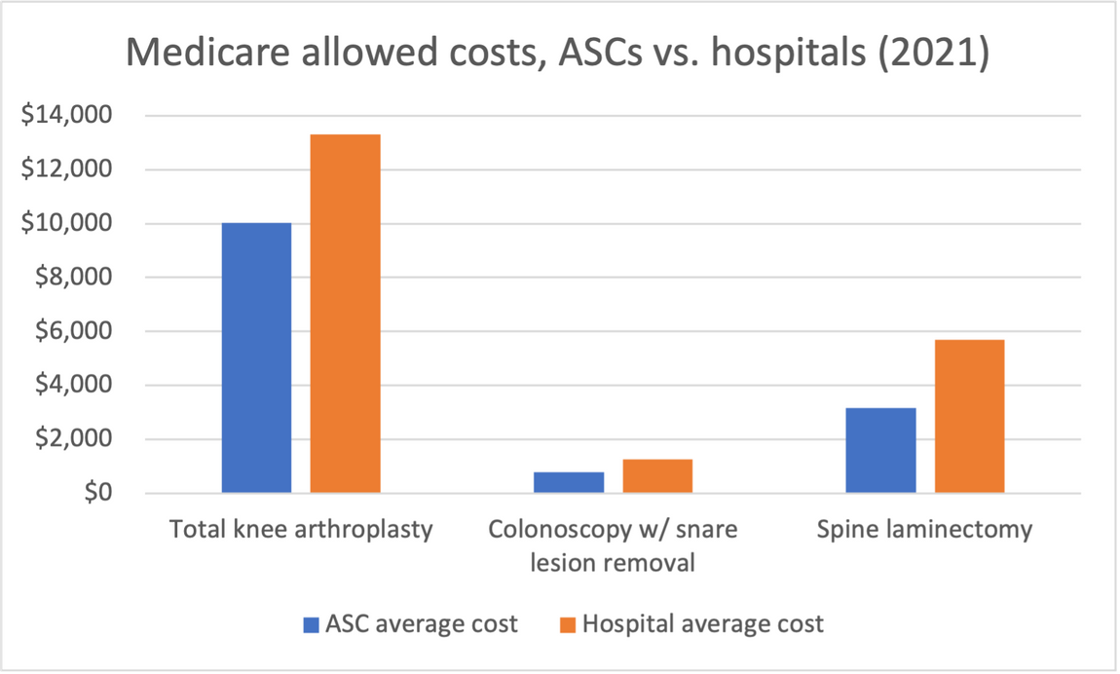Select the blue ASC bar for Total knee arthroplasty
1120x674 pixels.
point(256,357)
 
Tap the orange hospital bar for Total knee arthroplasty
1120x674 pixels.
point(345,313)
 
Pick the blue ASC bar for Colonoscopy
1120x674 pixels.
point(568,482)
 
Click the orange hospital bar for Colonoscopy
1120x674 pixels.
point(657,475)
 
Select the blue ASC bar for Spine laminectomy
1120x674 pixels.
point(880,450)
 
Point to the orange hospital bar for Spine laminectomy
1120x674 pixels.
point(969,416)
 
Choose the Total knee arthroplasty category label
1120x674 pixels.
point(301,530)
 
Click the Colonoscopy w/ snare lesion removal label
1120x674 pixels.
point(613,546)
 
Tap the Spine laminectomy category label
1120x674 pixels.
point(924,530)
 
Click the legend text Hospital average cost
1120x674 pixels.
point(702,624)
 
